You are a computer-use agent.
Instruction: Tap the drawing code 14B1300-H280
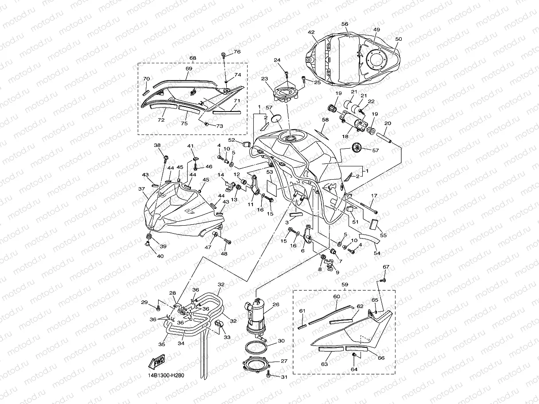(x=166, y=376)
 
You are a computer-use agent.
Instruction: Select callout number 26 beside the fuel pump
(x=276, y=304)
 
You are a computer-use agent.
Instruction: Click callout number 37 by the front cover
(x=142, y=189)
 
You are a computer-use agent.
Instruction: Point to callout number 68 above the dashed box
(x=193, y=58)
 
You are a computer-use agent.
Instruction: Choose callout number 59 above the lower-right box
(x=344, y=285)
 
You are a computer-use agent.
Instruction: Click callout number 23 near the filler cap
(x=264, y=79)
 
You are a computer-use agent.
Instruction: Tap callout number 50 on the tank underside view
(x=398, y=39)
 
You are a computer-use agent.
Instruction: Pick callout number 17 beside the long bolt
(x=374, y=196)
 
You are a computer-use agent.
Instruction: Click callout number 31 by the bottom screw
(x=284, y=377)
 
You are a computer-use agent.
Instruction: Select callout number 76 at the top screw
(x=237, y=52)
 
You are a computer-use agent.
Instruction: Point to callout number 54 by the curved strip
(x=377, y=253)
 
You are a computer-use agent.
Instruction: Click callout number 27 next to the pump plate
(x=284, y=361)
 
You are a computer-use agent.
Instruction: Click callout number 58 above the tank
(x=325, y=120)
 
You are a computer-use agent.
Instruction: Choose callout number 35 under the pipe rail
(x=162, y=344)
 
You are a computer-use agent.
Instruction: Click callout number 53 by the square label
(x=269, y=172)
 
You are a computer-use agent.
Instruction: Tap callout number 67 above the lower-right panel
(x=386, y=267)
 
